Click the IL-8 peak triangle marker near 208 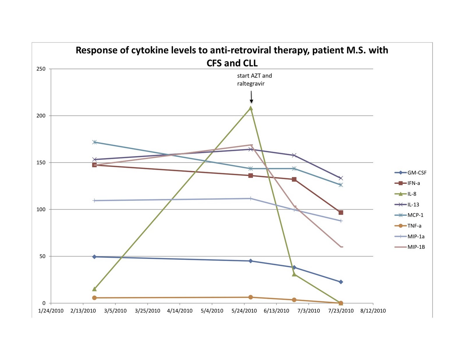[250, 108]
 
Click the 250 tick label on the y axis [41, 69]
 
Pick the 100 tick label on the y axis [41, 209]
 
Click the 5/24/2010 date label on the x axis [244, 311]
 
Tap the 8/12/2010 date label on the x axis [373, 311]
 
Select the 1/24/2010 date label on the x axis [51, 311]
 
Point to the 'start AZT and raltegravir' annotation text [254, 80]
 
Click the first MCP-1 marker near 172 [94, 142]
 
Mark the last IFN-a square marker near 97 [341, 213]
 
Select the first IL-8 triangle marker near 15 [94, 289]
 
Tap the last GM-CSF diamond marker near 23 [341, 282]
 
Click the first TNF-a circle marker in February [94, 298]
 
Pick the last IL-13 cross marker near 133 [341, 178]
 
